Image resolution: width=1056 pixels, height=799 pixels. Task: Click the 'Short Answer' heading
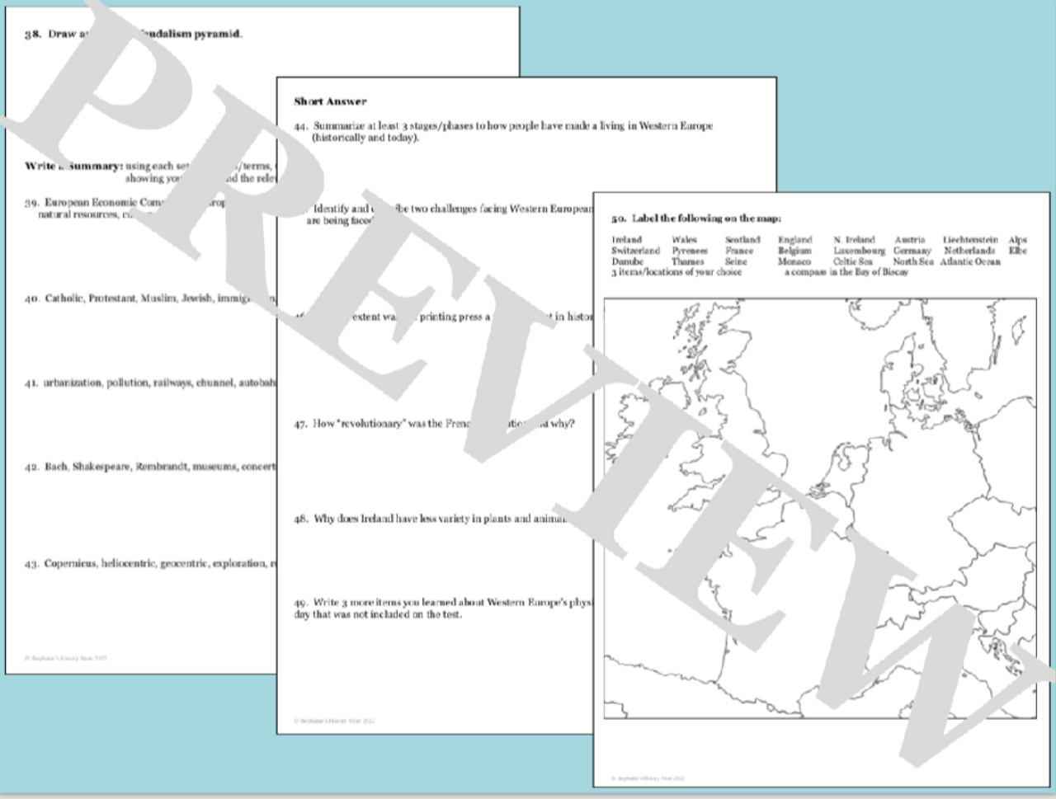(330, 101)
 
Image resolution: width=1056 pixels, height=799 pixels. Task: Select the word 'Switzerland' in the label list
(635, 251)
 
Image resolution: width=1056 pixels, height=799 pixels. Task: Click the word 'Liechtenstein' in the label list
(970, 240)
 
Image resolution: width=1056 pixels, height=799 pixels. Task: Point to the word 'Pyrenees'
(689, 251)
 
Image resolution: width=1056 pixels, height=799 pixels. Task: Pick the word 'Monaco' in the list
(794, 261)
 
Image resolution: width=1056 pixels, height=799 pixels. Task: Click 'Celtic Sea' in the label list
(852, 261)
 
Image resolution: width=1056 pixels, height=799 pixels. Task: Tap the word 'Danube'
(627, 261)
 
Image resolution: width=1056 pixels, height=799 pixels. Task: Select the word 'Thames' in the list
(687, 261)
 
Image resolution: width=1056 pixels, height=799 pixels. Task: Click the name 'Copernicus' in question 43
(70, 564)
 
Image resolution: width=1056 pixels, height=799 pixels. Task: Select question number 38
(32, 35)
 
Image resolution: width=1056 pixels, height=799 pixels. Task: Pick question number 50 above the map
(618, 219)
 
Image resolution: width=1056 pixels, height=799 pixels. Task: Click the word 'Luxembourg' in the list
(858, 251)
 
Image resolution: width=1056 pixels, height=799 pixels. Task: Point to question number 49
(300, 603)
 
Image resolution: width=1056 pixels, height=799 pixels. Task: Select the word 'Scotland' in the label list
(742, 240)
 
